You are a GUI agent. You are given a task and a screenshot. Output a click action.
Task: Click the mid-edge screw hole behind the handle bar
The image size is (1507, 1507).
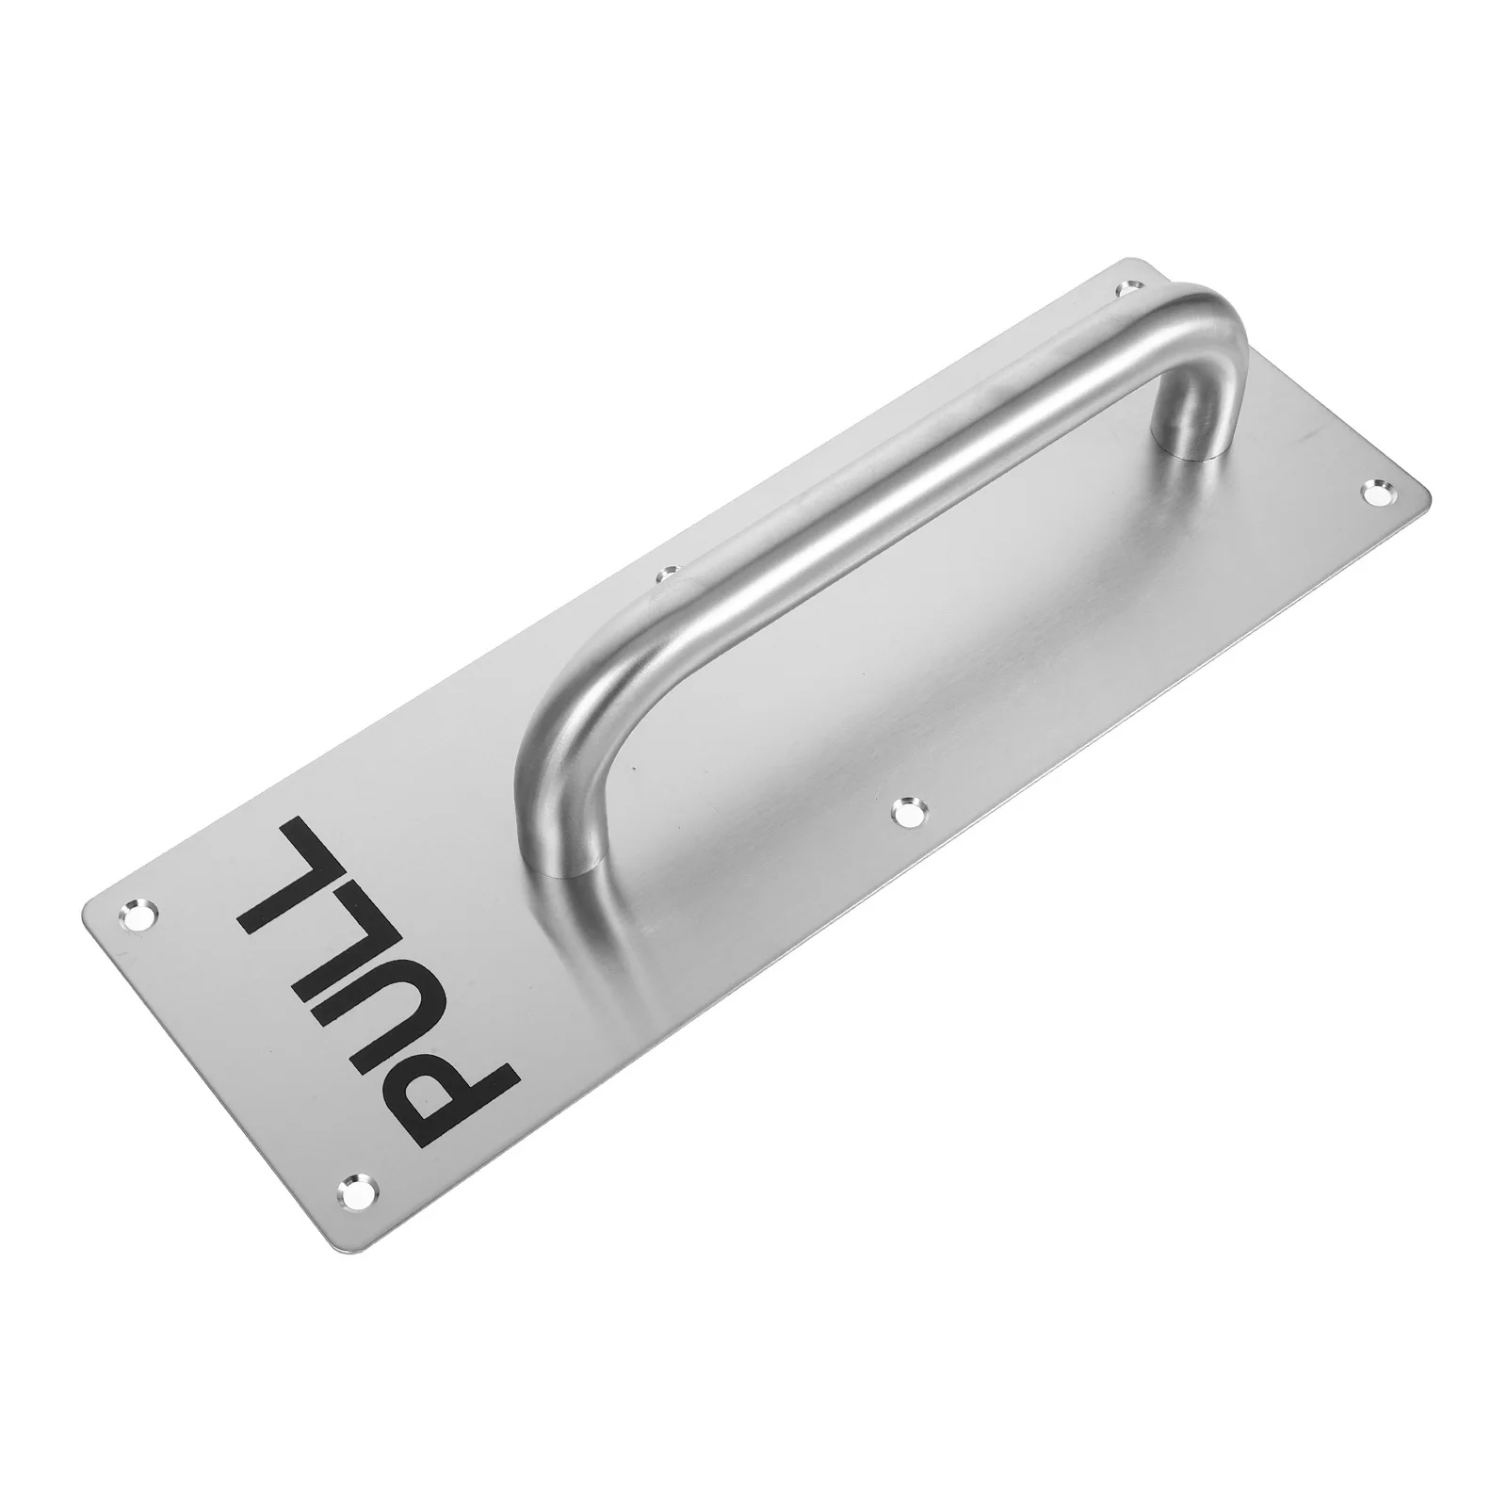point(669,572)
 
